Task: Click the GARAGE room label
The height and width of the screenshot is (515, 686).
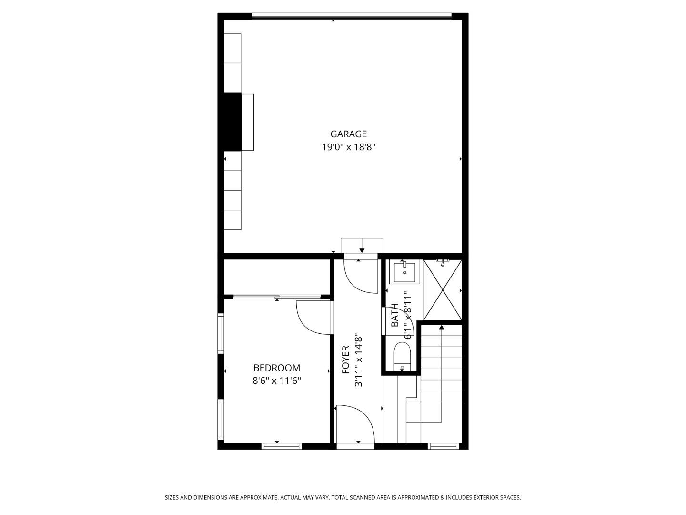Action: coord(348,134)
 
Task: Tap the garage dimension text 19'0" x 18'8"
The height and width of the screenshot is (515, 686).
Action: coord(348,147)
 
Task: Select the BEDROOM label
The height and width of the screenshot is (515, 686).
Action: coord(276,368)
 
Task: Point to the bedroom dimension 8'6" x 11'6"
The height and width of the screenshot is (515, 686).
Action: coord(276,381)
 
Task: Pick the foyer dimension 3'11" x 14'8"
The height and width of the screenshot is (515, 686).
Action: coord(359,361)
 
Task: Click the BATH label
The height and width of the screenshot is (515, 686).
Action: coord(395,315)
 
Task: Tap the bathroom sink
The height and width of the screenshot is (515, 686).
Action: coord(404,272)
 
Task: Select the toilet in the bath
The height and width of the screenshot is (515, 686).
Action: coord(402,357)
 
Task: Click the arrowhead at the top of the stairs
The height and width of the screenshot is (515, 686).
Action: coord(442,327)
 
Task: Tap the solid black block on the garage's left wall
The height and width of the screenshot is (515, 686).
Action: coord(232,122)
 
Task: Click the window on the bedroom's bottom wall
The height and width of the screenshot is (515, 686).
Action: coord(281,446)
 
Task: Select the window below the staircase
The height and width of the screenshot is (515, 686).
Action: coord(443,446)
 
